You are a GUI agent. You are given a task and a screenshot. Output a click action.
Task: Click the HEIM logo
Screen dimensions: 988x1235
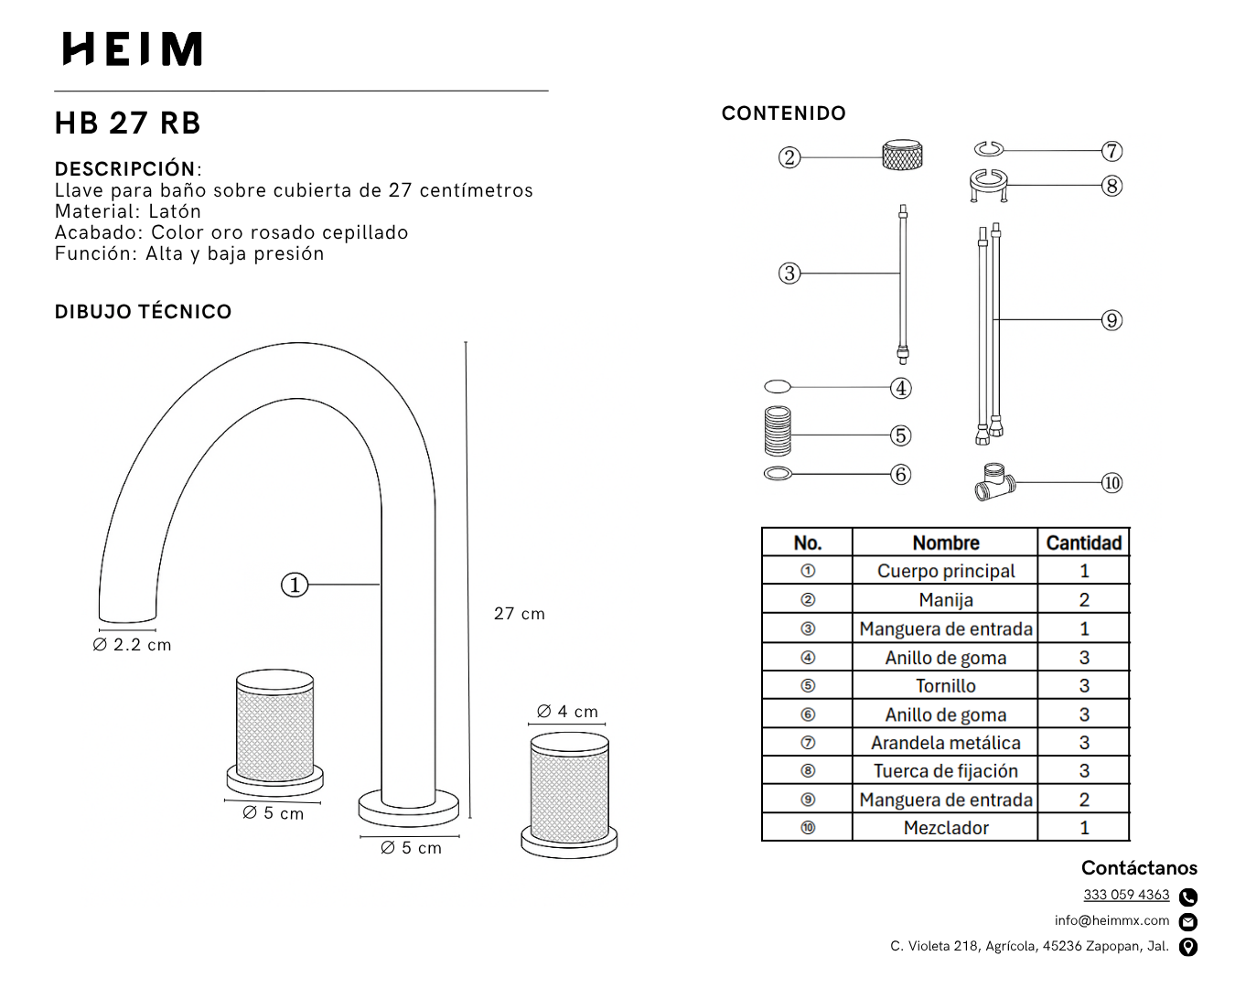[x=133, y=49]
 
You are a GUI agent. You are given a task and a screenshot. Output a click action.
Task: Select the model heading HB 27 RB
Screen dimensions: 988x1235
[x=127, y=123]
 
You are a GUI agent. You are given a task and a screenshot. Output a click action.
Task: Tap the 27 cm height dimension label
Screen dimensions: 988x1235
[x=519, y=614]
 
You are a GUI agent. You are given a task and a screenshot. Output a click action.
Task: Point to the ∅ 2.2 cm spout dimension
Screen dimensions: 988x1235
[x=132, y=645]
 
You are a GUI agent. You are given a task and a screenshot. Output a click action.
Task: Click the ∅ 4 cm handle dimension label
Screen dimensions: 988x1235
[x=567, y=712]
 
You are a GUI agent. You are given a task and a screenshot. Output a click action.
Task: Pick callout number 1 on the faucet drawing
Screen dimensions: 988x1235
[x=295, y=585]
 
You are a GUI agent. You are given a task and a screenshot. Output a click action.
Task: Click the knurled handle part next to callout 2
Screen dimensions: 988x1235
[x=902, y=156]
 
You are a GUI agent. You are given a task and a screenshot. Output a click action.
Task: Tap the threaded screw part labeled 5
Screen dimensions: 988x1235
[x=778, y=432]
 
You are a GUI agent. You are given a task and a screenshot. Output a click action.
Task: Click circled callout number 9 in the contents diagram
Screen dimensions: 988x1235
[x=1111, y=320]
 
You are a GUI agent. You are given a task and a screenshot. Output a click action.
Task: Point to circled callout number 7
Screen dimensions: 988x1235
[x=1111, y=151]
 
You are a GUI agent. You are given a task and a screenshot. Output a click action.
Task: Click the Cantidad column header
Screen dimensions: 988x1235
[x=1083, y=542]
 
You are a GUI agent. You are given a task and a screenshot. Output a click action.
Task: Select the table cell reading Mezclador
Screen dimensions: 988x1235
[x=946, y=828]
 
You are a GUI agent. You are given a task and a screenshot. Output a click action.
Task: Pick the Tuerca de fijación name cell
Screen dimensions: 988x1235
[x=946, y=771]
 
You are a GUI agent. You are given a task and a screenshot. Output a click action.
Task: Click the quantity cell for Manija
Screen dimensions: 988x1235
[x=1084, y=600]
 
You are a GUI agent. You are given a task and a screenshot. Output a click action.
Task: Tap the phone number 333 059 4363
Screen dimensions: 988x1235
[x=1126, y=895]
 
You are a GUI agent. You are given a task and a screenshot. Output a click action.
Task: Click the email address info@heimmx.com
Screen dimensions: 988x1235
[x=1111, y=920]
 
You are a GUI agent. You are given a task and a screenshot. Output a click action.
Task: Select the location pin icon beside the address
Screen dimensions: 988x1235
[x=1188, y=947]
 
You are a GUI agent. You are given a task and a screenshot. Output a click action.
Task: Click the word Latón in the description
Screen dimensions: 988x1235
[x=175, y=211]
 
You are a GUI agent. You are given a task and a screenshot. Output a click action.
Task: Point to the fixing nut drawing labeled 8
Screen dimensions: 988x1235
[x=988, y=184]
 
